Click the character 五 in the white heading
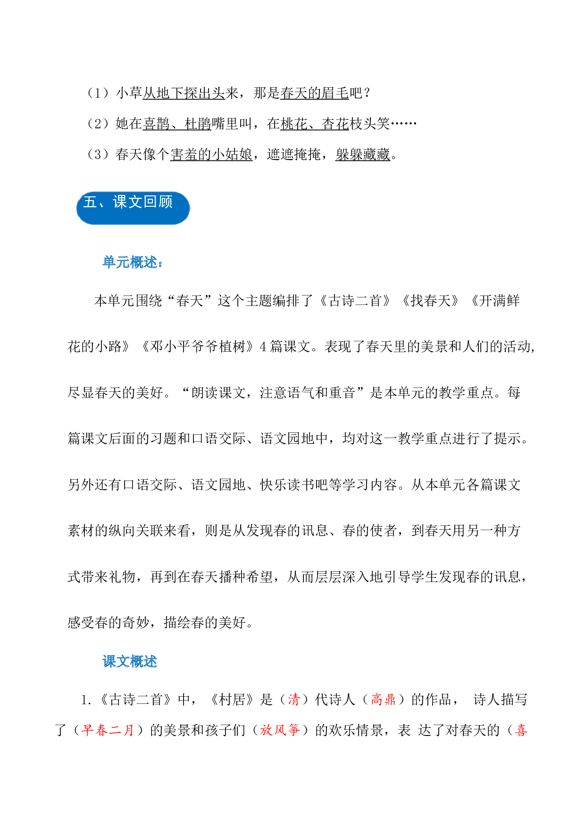click(90, 202)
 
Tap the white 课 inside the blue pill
click(120, 202)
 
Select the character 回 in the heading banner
click(150, 202)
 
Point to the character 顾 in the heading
click(166, 202)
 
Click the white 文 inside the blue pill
click(135, 202)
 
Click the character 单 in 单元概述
click(109, 262)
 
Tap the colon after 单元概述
click(160, 263)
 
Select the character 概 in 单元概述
click(137, 262)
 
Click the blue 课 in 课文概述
click(109, 661)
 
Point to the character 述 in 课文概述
click(150, 661)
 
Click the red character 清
click(294, 699)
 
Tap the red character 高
click(376, 699)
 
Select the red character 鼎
click(390, 699)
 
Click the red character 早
click(88, 730)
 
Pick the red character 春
click(101, 730)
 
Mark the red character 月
click(128, 730)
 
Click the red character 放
click(266, 730)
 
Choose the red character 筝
click(294, 730)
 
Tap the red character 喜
click(521, 730)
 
